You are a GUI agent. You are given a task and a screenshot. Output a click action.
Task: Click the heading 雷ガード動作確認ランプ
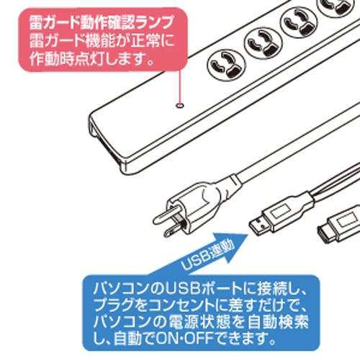(101, 22)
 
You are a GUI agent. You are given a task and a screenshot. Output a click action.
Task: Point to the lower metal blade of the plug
(174, 229)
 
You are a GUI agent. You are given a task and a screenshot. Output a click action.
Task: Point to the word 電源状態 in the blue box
(191, 322)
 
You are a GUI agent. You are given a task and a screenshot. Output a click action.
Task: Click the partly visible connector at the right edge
(339, 226)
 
